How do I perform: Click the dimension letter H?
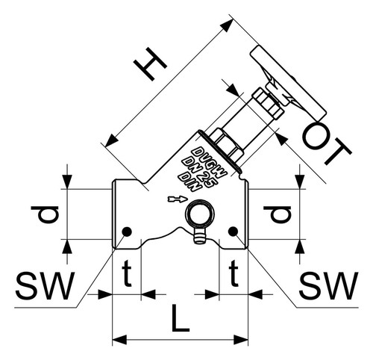coord(150,64)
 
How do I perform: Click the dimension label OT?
coord(326,145)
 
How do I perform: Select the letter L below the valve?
coord(181,319)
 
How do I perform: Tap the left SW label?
coord(45,285)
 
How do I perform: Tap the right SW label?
coord(328,285)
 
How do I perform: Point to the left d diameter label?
coord(45,214)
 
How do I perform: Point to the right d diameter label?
coord(278,214)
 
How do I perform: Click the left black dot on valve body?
coord(127,232)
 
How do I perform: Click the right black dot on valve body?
coord(233,232)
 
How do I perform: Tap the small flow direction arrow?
coord(177,199)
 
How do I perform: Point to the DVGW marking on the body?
coord(210,162)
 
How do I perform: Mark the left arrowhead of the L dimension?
coord(119,340)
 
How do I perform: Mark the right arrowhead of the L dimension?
coord(241,340)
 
